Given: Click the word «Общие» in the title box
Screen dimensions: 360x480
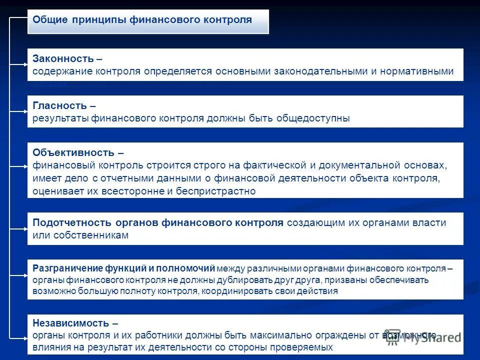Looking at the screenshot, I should pos(48,20).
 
